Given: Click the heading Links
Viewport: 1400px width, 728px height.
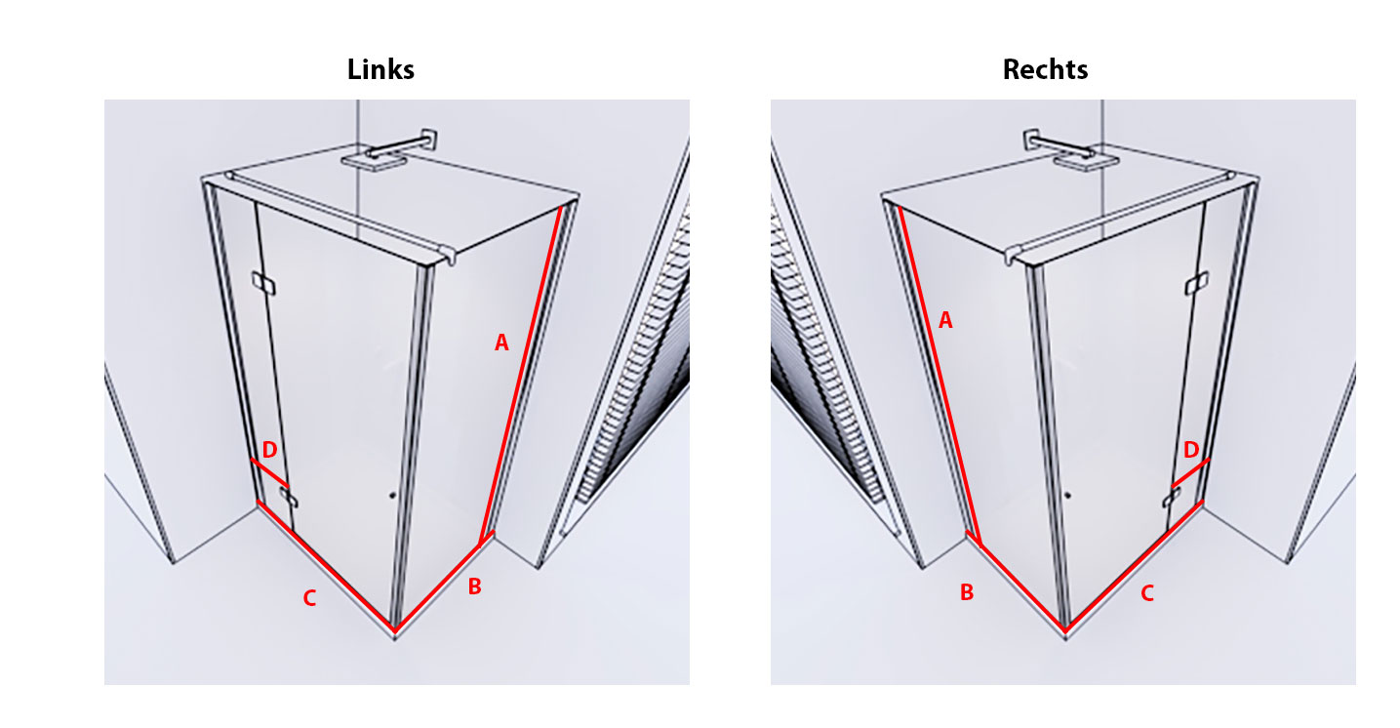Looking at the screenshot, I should [380, 70].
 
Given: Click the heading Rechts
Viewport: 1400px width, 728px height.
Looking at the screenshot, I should [1045, 70].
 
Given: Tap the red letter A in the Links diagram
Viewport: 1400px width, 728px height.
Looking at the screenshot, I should [501, 343].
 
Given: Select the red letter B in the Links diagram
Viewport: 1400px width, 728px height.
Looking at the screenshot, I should [474, 586].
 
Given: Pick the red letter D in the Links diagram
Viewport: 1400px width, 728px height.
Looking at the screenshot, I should [269, 449].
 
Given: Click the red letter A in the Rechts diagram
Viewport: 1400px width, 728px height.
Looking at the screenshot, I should [944, 319].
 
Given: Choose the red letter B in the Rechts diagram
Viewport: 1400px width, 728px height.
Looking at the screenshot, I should [967, 592].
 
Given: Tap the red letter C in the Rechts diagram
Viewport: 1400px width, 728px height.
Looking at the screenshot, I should [1147, 592].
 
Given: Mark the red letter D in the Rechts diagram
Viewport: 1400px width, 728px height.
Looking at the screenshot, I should [1190, 450].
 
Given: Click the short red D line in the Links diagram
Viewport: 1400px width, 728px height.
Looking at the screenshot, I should [270, 471].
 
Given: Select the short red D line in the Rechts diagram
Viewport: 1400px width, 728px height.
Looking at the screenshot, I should [1190, 471].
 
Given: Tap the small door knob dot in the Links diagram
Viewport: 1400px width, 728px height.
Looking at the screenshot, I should [391, 495].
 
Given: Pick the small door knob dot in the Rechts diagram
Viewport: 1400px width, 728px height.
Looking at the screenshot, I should [1069, 495].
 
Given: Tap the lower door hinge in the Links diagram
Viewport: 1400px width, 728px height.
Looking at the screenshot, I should [289, 498].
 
